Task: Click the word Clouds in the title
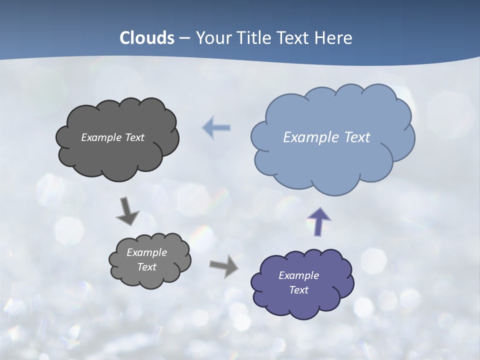(147, 38)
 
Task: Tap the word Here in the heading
(333, 38)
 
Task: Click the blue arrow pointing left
(216, 128)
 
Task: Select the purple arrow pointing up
(318, 221)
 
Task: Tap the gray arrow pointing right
(224, 266)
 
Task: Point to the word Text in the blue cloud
(357, 137)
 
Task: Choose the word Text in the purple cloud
(298, 290)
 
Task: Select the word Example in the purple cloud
(298, 275)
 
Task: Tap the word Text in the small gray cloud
(146, 267)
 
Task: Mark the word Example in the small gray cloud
(146, 252)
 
